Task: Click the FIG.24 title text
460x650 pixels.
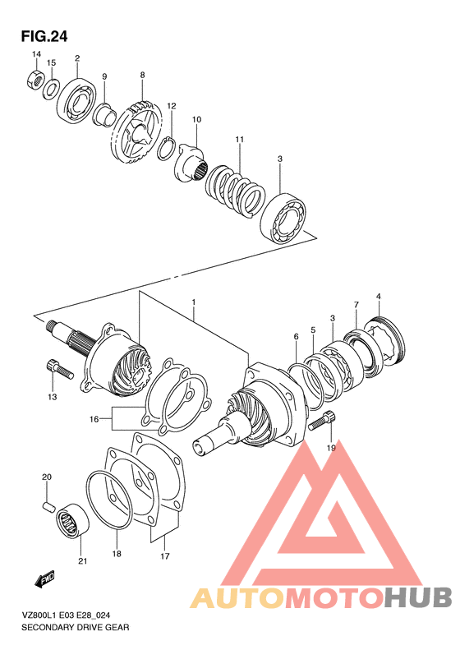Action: click(x=44, y=36)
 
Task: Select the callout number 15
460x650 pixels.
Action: click(x=51, y=63)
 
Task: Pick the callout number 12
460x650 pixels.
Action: click(x=172, y=106)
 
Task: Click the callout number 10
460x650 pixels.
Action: click(x=196, y=120)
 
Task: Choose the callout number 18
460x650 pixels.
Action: click(x=117, y=555)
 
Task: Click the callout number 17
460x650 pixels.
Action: click(x=164, y=556)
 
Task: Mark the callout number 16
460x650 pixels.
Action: click(x=94, y=419)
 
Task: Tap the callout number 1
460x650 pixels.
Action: click(x=194, y=303)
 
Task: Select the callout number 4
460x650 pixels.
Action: click(x=379, y=296)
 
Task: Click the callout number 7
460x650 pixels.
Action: click(x=356, y=306)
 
